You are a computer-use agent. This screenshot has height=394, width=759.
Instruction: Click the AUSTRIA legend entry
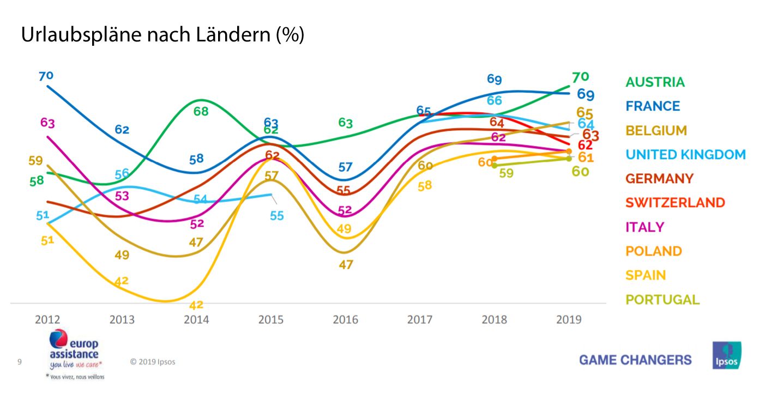coord(655,82)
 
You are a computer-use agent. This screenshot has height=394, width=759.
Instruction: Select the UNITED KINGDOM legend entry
coord(685,154)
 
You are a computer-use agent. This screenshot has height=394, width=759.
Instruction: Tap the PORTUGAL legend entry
coord(662,299)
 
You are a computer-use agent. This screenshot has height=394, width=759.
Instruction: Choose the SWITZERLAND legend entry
coord(675,203)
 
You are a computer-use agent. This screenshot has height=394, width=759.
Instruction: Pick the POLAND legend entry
coord(654,251)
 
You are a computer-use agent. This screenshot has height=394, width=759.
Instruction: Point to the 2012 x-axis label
coord(47,319)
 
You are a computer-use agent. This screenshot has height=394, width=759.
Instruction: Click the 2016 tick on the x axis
coord(345,319)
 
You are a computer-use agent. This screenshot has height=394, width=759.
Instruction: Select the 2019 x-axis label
coord(568,319)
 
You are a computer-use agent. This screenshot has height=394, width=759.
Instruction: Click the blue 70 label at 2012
coord(46,76)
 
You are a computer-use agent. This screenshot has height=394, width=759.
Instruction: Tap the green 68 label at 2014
coord(201,111)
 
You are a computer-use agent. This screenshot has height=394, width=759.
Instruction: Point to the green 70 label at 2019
coord(580,76)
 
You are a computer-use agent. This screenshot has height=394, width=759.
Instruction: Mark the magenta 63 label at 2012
coord(47,123)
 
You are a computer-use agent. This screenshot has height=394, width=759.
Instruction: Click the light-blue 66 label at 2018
coord(494,100)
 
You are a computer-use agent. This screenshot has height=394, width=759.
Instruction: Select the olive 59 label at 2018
coord(506,173)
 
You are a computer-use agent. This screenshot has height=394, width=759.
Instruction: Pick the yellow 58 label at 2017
coord(425,185)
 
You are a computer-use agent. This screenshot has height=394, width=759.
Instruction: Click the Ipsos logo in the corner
coord(726,355)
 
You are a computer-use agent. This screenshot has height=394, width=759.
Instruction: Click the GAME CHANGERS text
coord(635,360)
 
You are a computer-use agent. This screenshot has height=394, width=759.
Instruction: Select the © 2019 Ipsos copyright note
coord(153,362)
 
